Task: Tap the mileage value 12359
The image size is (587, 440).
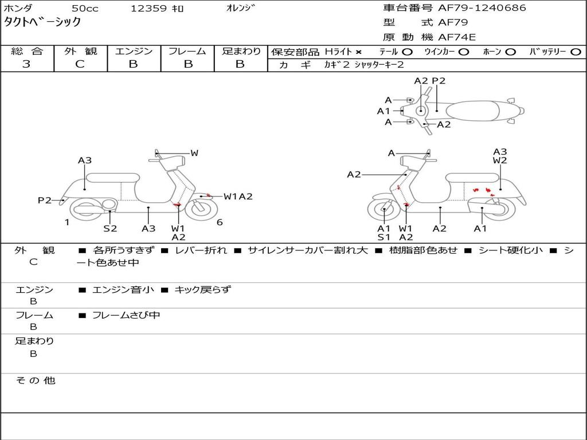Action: click(x=149, y=9)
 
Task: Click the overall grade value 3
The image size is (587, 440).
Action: click(x=26, y=64)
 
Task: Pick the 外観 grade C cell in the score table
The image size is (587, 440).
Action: click(x=80, y=64)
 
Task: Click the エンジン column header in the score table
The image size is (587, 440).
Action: click(x=134, y=51)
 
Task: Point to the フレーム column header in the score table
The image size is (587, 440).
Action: click(x=187, y=51)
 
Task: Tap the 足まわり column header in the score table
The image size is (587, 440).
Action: click(x=241, y=51)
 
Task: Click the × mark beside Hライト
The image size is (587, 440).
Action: click(x=358, y=52)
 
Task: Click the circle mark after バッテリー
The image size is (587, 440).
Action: click(x=576, y=52)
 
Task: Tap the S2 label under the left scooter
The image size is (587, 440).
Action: click(x=110, y=229)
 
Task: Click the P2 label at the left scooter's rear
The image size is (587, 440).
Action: click(x=45, y=200)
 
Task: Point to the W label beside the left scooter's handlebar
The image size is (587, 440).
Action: click(x=194, y=153)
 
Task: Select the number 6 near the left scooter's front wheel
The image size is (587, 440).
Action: click(x=220, y=222)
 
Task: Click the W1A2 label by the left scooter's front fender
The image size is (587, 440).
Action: click(x=238, y=197)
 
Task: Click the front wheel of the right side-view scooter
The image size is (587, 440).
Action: click(x=383, y=210)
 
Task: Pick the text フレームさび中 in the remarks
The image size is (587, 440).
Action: click(x=126, y=315)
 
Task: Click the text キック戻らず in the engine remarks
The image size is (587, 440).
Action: click(x=202, y=289)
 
